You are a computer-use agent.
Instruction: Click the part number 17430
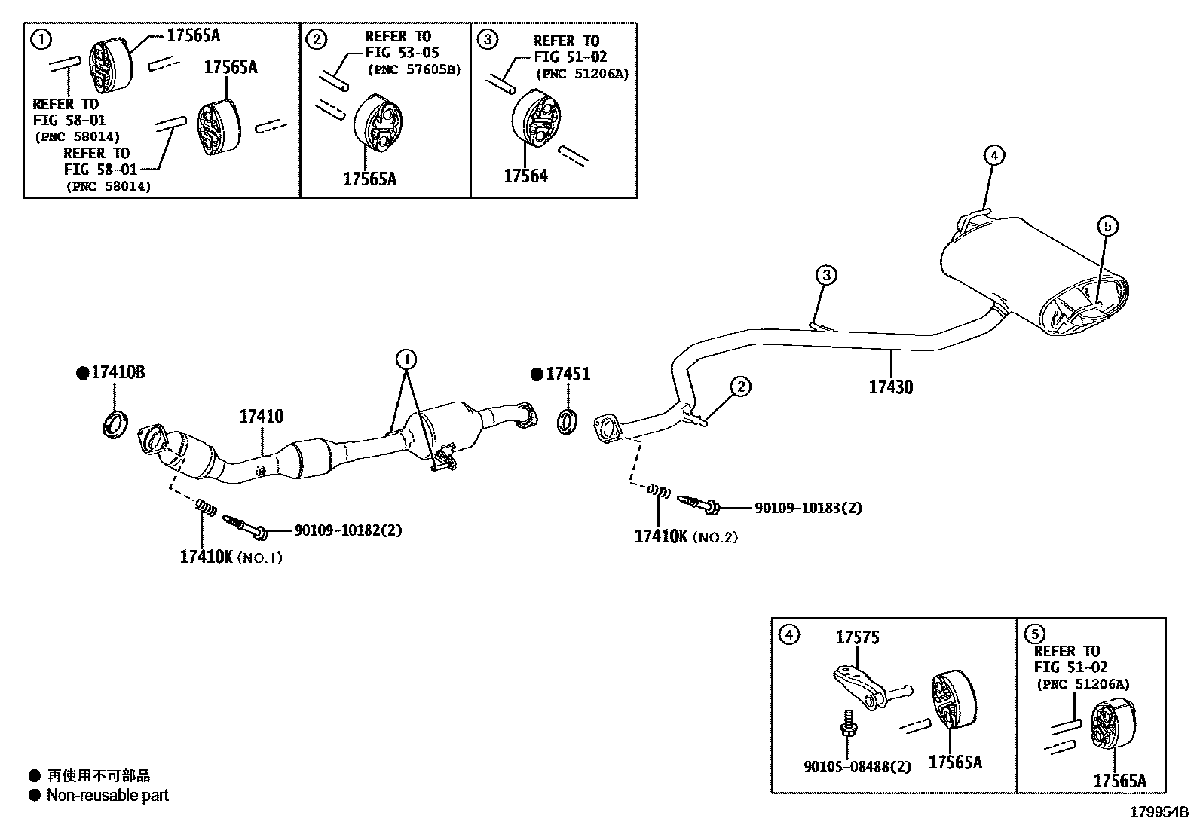(890, 387)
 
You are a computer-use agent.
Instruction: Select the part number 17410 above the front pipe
(262, 416)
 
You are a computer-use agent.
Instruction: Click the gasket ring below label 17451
(567, 422)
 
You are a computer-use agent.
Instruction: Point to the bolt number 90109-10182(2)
(348, 530)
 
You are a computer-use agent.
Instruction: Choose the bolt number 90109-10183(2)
(808, 508)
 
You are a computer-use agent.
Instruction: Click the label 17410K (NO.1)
(231, 557)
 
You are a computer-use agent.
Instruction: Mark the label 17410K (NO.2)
(685, 536)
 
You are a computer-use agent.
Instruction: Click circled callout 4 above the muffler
(994, 156)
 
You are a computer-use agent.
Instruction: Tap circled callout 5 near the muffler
(1107, 225)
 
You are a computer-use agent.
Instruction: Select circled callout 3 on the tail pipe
(826, 275)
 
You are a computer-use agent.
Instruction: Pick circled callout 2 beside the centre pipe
(741, 387)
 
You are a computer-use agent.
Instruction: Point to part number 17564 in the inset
(525, 176)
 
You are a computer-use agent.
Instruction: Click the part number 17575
(857, 638)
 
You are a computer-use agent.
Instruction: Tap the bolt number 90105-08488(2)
(857, 767)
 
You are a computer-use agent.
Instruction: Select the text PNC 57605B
(414, 70)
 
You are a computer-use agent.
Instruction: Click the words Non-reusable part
(108, 795)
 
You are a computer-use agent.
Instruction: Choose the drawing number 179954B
(1158, 812)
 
